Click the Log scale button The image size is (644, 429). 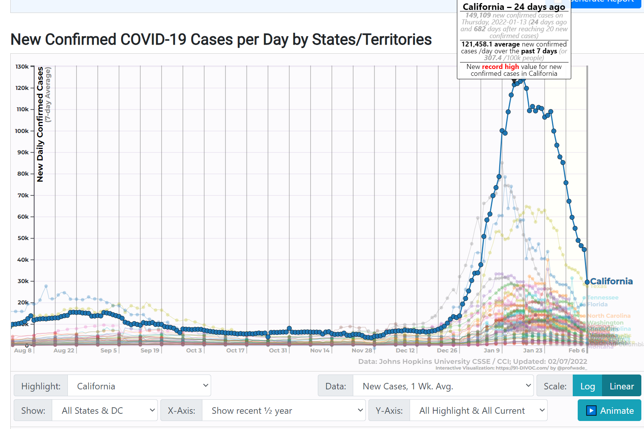click(587, 386)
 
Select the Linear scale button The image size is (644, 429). click(622, 386)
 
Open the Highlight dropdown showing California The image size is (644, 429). click(139, 386)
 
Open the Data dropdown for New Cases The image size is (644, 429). click(443, 386)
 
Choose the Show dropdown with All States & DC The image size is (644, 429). click(104, 410)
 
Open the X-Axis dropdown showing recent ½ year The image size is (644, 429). click(284, 410)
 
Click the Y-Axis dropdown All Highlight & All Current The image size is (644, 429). click(478, 410)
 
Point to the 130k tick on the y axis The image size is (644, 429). click(22, 67)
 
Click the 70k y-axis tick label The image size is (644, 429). click(23, 195)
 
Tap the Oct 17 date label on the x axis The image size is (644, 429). click(235, 351)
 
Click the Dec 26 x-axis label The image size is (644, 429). click(447, 351)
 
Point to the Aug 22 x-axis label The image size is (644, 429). click(64, 351)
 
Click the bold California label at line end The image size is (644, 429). click(611, 281)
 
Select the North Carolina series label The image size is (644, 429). click(609, 316)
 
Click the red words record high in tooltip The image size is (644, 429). click(500, 67)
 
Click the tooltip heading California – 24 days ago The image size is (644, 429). click(513, 7)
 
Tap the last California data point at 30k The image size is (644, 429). click(587, 282)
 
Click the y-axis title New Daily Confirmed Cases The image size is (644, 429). click(40, 124)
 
